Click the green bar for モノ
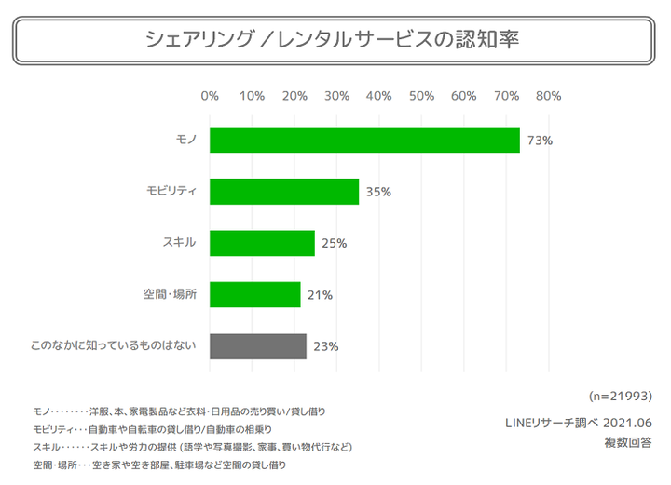(x=364, y=140)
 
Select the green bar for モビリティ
(x=284, y=191)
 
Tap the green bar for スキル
(x=262, y=243)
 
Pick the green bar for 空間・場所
(x=254, y=294)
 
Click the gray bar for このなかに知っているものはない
(x=258, y=346)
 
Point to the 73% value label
(x=541, y=141)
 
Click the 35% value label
(x=378, y=192)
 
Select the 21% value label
(x=320, y=295)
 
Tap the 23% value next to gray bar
(x=325, y=346)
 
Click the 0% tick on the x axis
(x=210, y=95)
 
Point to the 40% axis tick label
(x=379, y=95)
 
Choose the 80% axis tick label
(x=548, y=95)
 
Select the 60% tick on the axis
(x=464, y=95)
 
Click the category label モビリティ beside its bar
(x=171, y=191)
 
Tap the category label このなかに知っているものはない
(x=113, y=346)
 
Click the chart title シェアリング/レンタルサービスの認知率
(x=333, y=40)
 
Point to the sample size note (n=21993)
(x=621, y=395)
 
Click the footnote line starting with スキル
(x=192, y=447)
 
